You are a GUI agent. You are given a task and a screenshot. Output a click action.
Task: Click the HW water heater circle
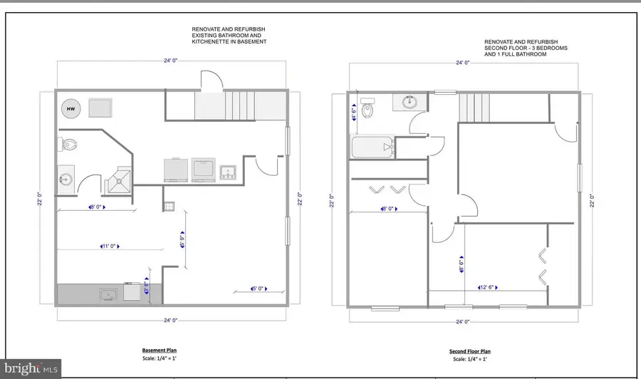71,108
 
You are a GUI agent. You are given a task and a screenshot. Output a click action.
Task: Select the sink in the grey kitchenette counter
108,294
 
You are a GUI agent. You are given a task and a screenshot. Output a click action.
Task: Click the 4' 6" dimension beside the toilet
355,113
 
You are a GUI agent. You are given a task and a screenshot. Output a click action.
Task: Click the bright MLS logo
31,369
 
